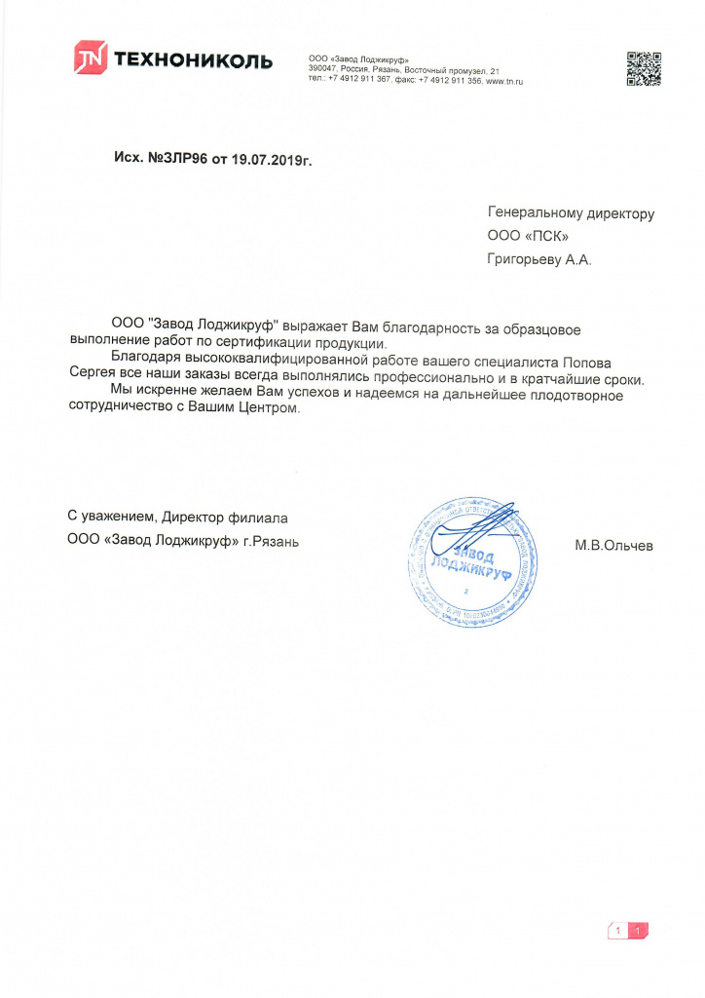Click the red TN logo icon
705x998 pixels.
[x=90, y=58]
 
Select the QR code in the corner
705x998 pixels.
[x=643, y=68]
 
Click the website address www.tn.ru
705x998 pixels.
[x=504, y=81]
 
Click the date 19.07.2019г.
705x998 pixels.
[x=272, y=157]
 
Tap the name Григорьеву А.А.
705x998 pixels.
[x=538, y=260]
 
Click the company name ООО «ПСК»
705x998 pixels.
[x=527, y=237]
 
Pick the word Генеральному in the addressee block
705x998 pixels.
[x=535, y=213]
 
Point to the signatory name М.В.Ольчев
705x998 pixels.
[x=613, y=546]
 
